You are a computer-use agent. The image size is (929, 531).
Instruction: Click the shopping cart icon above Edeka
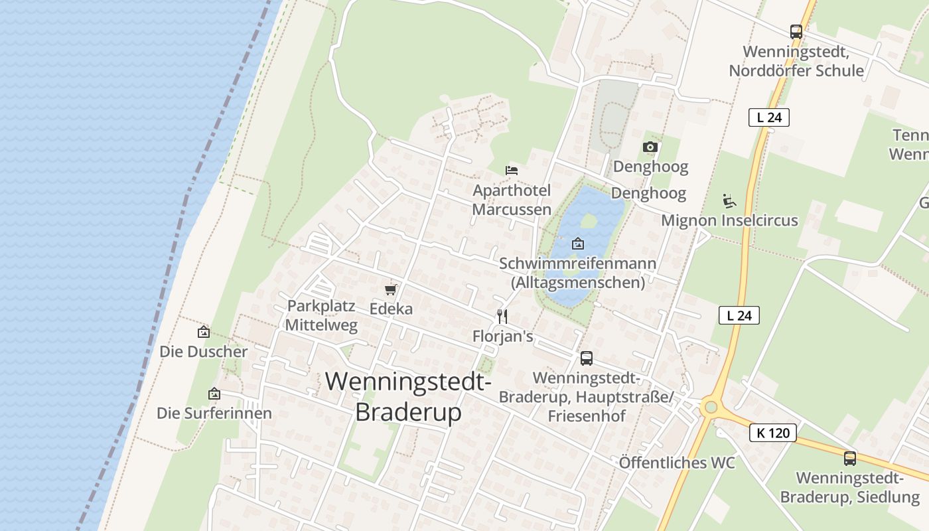click(390, 289)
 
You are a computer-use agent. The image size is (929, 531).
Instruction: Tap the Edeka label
click(391, 309)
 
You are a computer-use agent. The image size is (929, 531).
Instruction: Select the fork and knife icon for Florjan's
click(502, 317)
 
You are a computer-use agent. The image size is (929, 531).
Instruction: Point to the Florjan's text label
click(502, 337)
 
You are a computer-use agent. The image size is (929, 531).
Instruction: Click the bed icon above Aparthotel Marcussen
click(511, 171)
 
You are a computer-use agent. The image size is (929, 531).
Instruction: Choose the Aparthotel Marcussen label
click(512, 200)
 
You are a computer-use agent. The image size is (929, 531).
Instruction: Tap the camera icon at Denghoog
click(650, 147)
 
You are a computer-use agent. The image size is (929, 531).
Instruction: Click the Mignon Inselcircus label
click(729, 220)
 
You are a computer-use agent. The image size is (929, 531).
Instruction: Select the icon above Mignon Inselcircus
click(729, 200)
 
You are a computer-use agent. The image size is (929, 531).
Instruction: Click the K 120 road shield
click(773, 433)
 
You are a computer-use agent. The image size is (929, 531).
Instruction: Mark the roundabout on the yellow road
click(711, 406)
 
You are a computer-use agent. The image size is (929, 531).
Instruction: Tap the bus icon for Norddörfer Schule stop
click(796, 31)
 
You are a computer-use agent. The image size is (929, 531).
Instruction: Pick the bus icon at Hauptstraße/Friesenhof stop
click(586, 358)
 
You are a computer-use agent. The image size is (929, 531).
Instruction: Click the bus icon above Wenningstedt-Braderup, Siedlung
click(849, 458)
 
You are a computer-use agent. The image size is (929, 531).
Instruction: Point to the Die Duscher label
click(203, 352)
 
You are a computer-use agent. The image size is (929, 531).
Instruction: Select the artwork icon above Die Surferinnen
click(214, 394)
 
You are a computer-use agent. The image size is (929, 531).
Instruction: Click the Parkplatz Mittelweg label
click(322, 315)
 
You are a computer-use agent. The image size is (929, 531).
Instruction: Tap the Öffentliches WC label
click(677, 463)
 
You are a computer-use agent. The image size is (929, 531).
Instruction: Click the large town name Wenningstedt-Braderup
click(408, 397)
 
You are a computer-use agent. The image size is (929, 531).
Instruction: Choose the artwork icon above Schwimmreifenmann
click(577, 244)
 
